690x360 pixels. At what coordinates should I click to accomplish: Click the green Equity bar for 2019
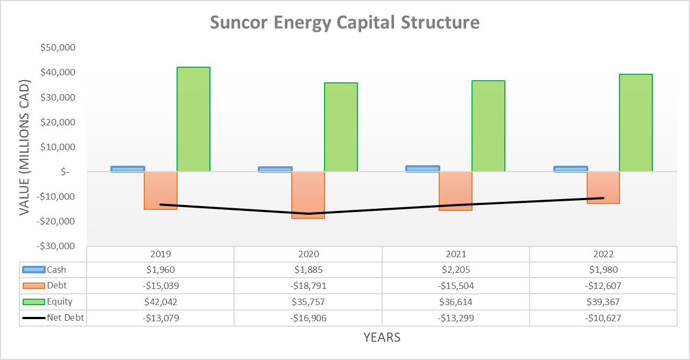pyautogui.click(x=193, y=119)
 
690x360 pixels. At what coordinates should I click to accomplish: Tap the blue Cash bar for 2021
pyautogui.click(x=423, y=168)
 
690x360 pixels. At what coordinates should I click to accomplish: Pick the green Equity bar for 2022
pyautogui.click(x=636, y=123)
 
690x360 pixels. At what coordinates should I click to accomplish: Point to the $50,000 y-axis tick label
pyautogui.click(x=58, y=48)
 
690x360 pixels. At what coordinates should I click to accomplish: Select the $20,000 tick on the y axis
pyautogui.click(x=58, y=122)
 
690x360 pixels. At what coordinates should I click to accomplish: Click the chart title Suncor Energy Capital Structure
pyautogui.click(x=344, y=23)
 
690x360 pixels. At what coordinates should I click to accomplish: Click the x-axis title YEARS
pyautogui.click(x=382, y=337)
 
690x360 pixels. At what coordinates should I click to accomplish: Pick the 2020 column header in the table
pyautogui.click(x=308, y=254)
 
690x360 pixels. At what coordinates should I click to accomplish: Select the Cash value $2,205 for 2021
pyautogui.click(x=456, y=270)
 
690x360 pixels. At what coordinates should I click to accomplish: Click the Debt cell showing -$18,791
pyautogui.click(x=308, y=286)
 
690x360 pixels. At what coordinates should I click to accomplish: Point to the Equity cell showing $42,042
pyautogui.click(x=160, y=302)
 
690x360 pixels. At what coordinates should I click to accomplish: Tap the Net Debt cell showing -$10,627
pyautogui.click(x=603, y=318)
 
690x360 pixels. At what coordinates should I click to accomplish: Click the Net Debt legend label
pyautogui.click(x=65, y=318)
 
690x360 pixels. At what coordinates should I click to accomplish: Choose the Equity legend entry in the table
pyautogui.click(x=59, y=302)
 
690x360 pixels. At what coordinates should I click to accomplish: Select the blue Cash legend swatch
pyautogui.click(x=33, y=270)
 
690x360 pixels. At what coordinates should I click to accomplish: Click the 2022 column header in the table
pyautogui.click(x=603, y=254)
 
